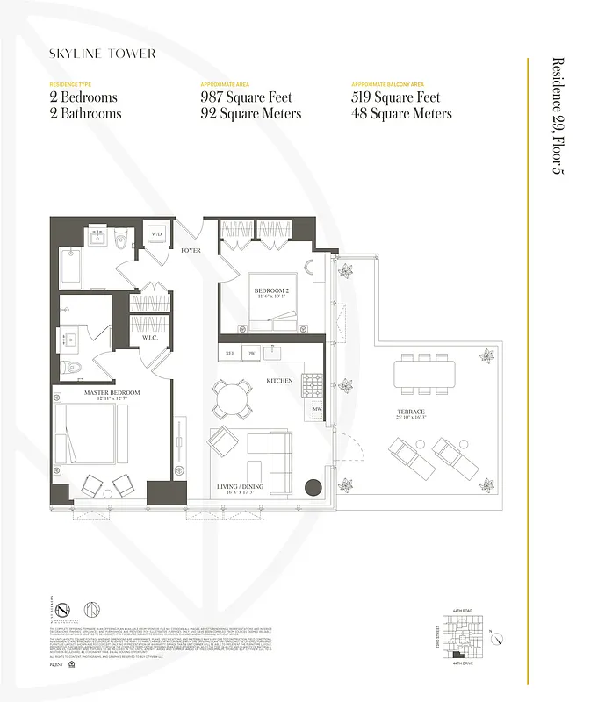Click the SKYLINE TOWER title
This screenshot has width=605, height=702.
coord(103,54)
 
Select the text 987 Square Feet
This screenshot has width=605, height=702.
coord(247,97)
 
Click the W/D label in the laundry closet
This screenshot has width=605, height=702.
coord(157,234)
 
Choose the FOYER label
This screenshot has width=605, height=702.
coord(191,251)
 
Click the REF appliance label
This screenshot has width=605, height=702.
coord(231,354)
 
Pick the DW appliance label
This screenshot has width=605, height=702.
coord(250,354)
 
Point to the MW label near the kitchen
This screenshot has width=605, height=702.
coord(317,409)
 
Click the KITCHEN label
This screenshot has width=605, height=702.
coord(279,381)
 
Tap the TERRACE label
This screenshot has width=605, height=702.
coord(410,412)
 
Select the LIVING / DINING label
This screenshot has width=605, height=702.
coord(240,486)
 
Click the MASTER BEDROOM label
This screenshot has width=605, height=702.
coord(108,393)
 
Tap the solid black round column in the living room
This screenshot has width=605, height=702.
coord(313,488)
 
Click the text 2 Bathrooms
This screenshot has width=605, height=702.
coord(85,114)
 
